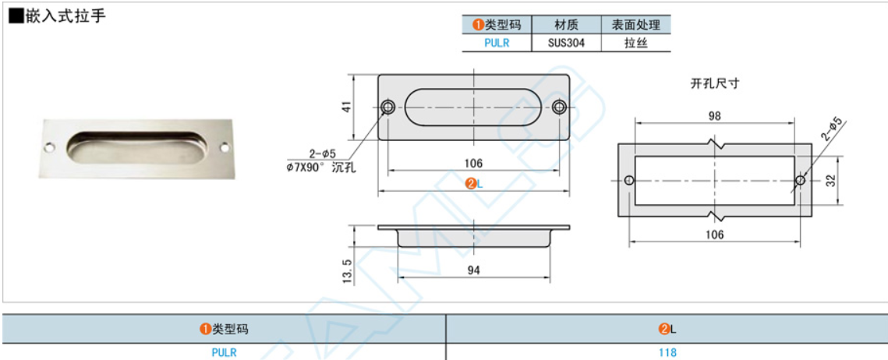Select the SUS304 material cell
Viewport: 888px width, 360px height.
[x=565, y=43]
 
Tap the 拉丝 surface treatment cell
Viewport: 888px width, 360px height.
[x=635, y=43]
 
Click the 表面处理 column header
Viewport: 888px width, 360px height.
[x=635, y=25]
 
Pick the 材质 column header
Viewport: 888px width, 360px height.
[x=565, y=25]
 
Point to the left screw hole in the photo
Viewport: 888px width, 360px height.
[x=49, y=146]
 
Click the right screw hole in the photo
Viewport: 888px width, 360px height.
[x=225, y=146]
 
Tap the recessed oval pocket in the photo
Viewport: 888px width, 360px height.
[x=136, y=148]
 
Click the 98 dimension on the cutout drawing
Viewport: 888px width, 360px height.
[x=714, y=115]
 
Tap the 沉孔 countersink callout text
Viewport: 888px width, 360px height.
[x=344, y=167]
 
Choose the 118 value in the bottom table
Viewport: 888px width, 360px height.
[x=667, y=352]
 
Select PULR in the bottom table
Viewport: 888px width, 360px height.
[x=224, y=352]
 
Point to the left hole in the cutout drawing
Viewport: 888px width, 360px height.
[x=630, y=180]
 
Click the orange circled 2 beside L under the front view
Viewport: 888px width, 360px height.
[x=470, y=184]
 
